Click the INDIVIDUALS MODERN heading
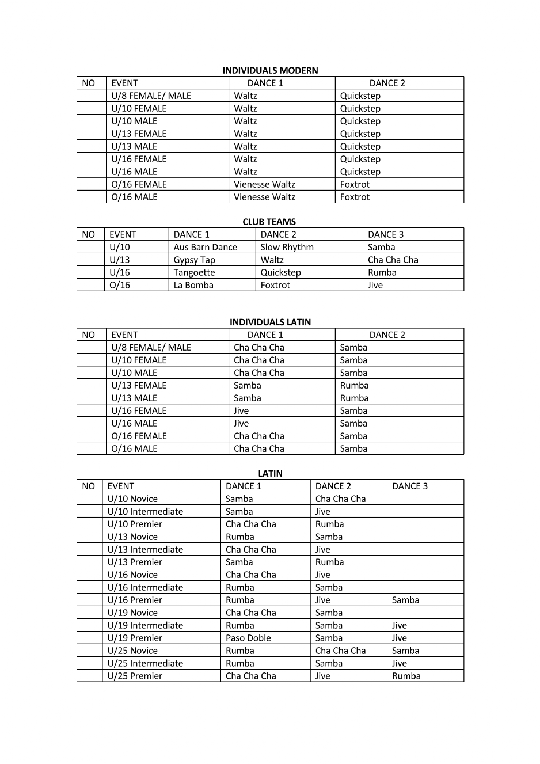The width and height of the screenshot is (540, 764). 270,70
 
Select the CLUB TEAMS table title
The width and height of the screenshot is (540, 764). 269,222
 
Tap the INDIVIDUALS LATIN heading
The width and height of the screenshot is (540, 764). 270,322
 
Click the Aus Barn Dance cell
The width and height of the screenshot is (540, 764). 206,247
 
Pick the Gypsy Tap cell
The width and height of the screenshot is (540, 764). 194,260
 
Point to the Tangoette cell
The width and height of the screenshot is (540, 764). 194,272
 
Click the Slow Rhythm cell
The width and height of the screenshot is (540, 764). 287,247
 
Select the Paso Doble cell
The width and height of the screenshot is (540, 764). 248,638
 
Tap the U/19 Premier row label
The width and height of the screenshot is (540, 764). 135,638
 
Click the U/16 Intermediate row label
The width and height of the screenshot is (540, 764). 145,587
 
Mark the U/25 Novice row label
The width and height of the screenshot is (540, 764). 132,651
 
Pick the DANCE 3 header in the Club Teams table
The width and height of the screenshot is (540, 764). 386,234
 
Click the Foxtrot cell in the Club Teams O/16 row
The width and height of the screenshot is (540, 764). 275,285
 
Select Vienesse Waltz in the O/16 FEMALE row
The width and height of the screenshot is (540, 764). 264,184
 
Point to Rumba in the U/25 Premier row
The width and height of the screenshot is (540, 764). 406,676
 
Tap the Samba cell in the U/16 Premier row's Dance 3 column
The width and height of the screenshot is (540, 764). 405,600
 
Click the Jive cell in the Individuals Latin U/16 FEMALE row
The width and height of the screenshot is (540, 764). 241,410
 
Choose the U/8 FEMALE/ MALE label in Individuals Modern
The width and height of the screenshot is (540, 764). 151,96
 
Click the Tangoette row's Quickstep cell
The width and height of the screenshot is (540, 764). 280,272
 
